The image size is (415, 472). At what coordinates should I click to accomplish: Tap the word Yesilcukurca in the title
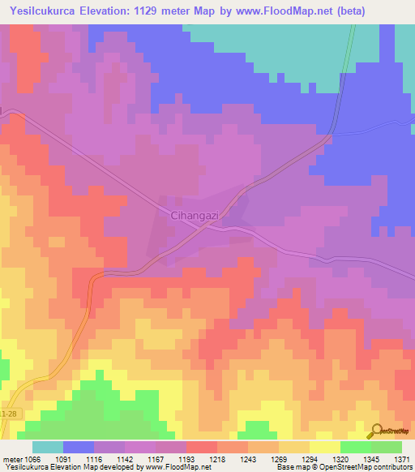pyautogui.click(x=45, y=11)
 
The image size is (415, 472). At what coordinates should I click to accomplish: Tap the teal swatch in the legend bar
pyautogui.click(x=48, y=447)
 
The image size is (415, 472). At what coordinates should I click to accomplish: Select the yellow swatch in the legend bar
pyautogui.click(x=324, y=447)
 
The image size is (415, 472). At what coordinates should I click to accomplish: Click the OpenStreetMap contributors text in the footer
pyautogui.click(x=377, y=468)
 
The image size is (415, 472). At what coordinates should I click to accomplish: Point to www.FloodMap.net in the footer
pyautogui.click(x=173, y=468)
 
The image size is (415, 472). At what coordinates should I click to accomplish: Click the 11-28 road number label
pyautogui.click(x=8, y=413)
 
